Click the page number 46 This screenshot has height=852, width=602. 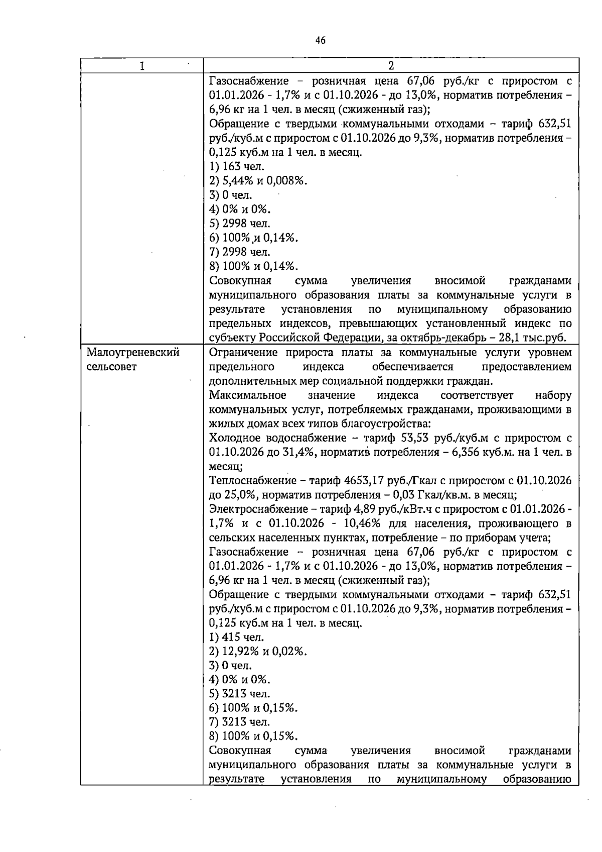pyautogui.click(x=321, y=40)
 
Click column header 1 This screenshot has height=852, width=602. pyautogui.click(x=142, y=66)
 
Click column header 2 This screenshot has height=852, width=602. pyautogui.click(x=391, y=66)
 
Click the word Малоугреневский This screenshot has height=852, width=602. pyautogui.click(x=133, y=353)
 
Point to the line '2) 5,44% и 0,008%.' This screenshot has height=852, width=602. pyautogui.click(x=258, y=180)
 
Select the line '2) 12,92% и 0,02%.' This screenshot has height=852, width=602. pyautogui.click(x=258, y=652)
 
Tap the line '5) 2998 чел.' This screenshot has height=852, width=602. pyautogui.click(x=240, y=223)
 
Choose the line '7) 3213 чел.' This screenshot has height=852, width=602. pyautogui.click(x=240, y=722)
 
